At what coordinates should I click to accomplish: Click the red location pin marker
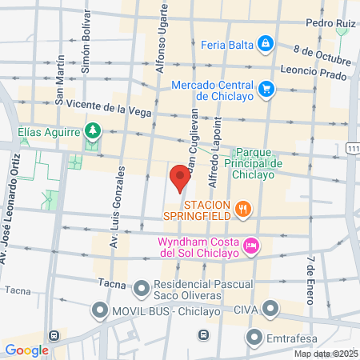(x=179, y=175)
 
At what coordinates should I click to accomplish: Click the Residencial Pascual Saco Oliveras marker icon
(x=142, y=286)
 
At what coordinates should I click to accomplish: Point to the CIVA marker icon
(x=271, y=308)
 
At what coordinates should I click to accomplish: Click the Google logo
(x=26, y=350)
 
